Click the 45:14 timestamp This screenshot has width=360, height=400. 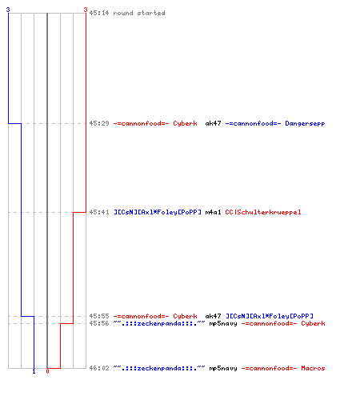99,13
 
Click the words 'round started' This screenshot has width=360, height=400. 139,13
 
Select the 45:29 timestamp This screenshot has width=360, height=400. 99,123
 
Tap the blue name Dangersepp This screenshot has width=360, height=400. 305,124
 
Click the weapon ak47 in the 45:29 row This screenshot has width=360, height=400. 213,123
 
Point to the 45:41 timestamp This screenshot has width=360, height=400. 99,212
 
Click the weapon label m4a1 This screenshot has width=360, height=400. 213,212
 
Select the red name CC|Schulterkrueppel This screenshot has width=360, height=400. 263,213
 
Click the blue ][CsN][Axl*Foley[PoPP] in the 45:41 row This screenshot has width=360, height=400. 158,213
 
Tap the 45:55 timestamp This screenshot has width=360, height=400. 99,316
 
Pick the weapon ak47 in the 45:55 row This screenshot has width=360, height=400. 213,316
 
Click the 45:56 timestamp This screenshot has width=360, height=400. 99,323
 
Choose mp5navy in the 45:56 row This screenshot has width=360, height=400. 223,324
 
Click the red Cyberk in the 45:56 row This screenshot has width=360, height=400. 313,323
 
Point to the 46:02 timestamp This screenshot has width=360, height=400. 99,368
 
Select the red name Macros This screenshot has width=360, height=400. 313,368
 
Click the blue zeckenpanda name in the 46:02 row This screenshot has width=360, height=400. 159,369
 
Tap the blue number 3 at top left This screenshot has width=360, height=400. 8,10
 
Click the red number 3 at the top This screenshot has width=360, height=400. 86,10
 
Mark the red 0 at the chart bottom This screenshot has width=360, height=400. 47,371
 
